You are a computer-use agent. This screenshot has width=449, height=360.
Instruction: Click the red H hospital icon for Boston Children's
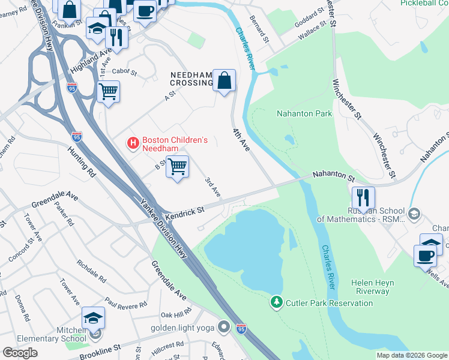pos(133,143)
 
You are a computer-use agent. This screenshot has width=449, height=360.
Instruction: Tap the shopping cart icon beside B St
pos(177,166)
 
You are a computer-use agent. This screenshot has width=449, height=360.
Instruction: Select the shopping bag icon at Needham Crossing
pos(224,80)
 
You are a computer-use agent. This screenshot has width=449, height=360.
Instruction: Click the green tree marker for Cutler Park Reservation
pos(276,303)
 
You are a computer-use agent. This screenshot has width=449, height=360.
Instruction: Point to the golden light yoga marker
pos(224,328)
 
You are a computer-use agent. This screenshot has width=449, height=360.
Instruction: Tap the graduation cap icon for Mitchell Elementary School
pos(93,318)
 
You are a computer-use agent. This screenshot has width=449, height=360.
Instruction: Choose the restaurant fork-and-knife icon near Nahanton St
pos(363,197)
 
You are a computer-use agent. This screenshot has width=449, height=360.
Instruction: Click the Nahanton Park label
pos(304,113)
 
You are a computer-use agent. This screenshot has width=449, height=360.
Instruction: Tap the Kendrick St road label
pos(186,211)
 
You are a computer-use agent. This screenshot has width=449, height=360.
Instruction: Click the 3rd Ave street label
pos(213,187)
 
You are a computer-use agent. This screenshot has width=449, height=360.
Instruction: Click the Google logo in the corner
pos(20,353)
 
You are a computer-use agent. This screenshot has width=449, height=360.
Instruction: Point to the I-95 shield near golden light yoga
pos(242,328)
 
